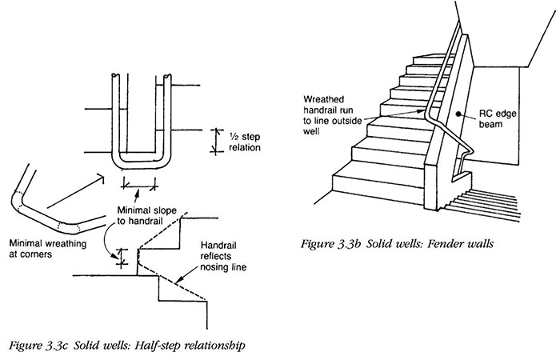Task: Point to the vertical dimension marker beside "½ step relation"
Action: click(213, 140)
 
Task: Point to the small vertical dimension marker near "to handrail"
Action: click(122, 257)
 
